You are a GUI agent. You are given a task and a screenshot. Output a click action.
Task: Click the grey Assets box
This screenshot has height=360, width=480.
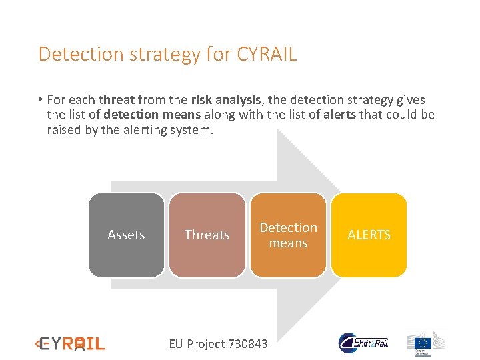[x=126, y=235]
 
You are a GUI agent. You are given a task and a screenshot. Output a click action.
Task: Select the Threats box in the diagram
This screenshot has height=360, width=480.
[x=207, y=235]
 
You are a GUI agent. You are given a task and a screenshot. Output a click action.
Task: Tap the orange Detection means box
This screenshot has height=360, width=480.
[x=288, y=235]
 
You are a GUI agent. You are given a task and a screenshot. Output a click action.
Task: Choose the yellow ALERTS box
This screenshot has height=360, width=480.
[x=369, y=235]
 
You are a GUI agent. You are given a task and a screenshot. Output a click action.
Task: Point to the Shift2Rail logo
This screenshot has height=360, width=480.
[x=364, y=343]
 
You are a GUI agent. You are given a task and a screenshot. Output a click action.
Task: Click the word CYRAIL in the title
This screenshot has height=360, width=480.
[x=267, y=54]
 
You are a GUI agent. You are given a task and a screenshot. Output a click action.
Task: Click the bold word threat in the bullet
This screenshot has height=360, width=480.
[x=117, y=100]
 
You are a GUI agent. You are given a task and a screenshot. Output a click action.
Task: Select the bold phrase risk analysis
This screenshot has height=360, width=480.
[x=225, y=100]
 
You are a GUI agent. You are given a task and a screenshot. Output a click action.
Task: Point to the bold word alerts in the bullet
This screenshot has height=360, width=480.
[x=339, y=115]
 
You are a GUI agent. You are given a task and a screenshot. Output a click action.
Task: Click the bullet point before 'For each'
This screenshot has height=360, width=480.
[x=41, y=100]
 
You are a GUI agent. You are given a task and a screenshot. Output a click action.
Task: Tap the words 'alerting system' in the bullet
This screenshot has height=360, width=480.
[x=172, y=130]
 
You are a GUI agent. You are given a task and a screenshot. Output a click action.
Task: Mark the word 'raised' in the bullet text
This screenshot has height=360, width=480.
[x=63, y=130]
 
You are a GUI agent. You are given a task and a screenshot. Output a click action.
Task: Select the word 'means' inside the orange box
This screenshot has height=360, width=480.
[x=288, y=243]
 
